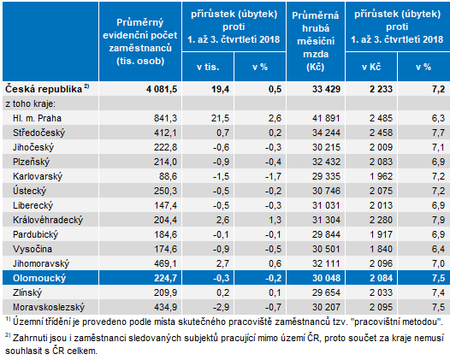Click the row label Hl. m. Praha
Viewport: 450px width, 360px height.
point(37,118)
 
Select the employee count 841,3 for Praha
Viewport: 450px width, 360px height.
point(166,118)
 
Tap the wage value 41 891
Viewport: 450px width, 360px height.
point(326,118)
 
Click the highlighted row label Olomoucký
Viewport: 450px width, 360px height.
point(39,278)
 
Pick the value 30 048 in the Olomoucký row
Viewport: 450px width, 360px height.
point(326,278)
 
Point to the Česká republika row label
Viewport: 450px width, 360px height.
point(47,89)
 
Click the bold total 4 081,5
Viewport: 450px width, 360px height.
point(162,89)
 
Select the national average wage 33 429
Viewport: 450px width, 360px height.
point(326,89)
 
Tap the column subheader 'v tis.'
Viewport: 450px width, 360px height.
point(208,67)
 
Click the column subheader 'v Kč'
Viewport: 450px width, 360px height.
point(371,67)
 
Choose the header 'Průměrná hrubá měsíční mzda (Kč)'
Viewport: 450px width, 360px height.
point(316,41)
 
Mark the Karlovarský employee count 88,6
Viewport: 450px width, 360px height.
point(169,176)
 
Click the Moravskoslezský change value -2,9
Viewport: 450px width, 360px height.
point(221,307)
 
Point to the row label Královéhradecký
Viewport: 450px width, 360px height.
point(48,220)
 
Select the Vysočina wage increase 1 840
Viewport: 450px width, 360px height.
point(381,249)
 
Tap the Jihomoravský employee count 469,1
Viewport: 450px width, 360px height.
point(166,263)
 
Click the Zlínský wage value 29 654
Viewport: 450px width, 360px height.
point(326,292)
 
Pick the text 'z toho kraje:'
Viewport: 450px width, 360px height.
point(30,103)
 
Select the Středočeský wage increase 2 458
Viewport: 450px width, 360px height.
point(381,133)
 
